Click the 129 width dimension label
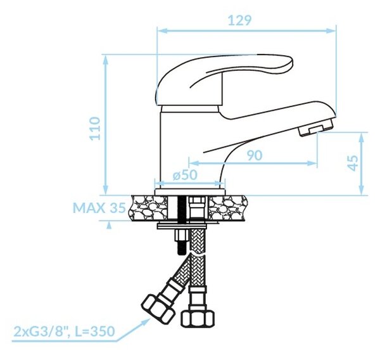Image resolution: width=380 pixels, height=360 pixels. (239, 20)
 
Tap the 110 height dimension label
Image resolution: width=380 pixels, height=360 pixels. (95, 128)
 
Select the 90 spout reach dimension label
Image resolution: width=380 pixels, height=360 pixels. (255, 155)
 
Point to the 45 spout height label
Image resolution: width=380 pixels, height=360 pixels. (353, 163)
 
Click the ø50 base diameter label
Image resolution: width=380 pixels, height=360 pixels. (185, 175)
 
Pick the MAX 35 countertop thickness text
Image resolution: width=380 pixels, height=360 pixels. (99, 208)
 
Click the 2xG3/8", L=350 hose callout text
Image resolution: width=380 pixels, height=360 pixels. (64, 331)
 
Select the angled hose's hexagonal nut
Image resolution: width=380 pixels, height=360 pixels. (158, 307)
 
